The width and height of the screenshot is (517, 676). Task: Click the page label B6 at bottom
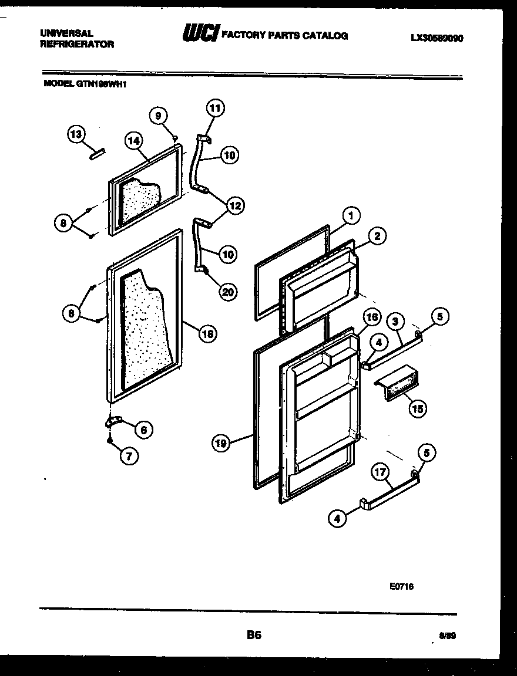[x=253, y=635]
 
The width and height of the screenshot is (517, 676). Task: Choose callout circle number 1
[x=351, y=217]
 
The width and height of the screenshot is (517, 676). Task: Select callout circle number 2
[x=377, y=236]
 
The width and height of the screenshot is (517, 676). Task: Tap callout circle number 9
[x=158, y=116]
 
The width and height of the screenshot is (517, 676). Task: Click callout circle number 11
[x=216, y=109]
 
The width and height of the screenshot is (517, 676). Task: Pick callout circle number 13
[x=75, y=135]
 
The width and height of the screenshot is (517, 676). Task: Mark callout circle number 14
[x=134, y=140]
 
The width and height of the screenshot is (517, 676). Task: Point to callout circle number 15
[x=417, y=408]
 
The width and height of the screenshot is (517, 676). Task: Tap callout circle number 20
[x=226, y=292]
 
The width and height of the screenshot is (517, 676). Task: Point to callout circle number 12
[x=235, y=205]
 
